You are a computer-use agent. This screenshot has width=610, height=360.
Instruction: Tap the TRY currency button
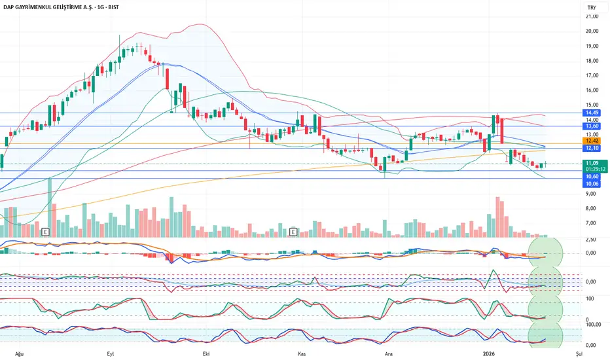(592, 7)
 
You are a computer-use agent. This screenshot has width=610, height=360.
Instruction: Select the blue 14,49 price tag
(592, 113)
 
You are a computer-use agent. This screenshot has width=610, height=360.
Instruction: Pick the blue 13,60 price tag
(592, 126)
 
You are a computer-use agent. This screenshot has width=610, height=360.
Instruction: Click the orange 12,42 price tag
(592, 141)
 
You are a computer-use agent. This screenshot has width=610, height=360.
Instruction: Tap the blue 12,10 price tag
(592, 149)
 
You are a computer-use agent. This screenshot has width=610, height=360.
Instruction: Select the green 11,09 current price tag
(592, 162)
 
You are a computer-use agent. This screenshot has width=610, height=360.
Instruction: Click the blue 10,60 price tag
(592, 176)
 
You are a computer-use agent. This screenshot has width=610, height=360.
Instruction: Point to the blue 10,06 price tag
(592, 184)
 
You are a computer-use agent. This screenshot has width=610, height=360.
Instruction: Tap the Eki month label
(206, 353)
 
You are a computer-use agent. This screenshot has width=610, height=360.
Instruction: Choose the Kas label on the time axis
(302, 353)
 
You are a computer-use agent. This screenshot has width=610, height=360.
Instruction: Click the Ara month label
(389, 353)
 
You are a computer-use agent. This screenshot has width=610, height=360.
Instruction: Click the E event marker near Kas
(293, 231)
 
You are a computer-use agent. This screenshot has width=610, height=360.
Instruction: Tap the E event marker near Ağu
(45, 231)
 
